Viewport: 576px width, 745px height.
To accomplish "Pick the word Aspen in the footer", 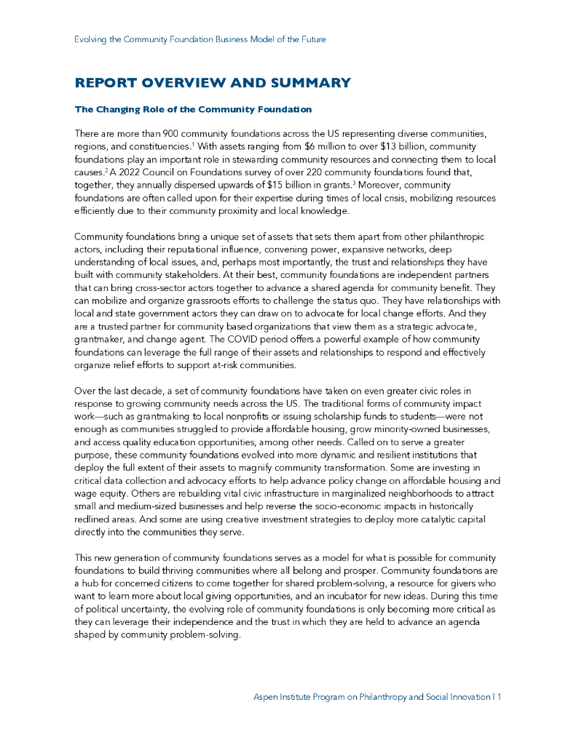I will click(267, 697).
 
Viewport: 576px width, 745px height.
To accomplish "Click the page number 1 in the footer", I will click(500, 697).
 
